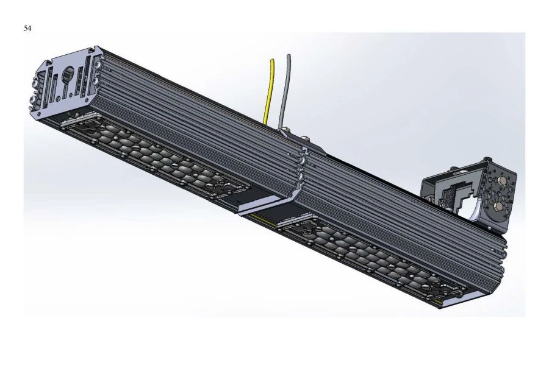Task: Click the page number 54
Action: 27,29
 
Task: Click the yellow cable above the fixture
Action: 269,91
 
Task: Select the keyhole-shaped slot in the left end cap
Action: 68,77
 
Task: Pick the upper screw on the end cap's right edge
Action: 98,63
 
